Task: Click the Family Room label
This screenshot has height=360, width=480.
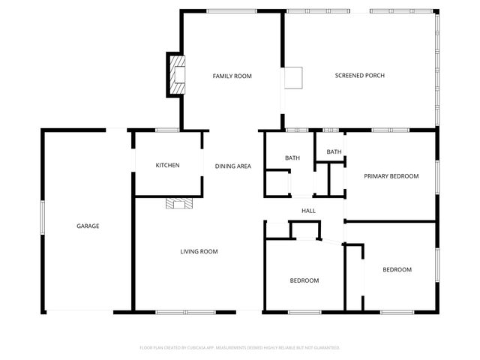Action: point(232,76)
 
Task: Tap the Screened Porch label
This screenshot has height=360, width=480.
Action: point(359,76)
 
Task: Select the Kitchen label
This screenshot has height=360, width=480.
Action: point(167,165)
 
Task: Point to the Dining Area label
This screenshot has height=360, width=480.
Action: point(232,166)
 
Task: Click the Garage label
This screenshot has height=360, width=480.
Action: point(88,226)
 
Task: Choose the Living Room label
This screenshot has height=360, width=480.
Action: point(199,251)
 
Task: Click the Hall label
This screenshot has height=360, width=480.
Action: point(307,211)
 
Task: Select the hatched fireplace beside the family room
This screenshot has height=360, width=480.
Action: point(176,75)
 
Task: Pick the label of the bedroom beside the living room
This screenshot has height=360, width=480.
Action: point(304,280)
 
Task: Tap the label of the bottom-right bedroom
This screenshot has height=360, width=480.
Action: point(397,269)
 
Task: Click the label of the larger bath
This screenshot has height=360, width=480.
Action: point(292,158)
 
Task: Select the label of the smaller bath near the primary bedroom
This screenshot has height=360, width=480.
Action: point(334,152)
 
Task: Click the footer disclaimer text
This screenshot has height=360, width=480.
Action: point(240,348)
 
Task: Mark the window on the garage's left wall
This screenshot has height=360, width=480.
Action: point(42,220)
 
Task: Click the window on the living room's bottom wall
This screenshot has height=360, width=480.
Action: point(184,311)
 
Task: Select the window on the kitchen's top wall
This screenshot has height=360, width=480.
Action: point(166,130)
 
